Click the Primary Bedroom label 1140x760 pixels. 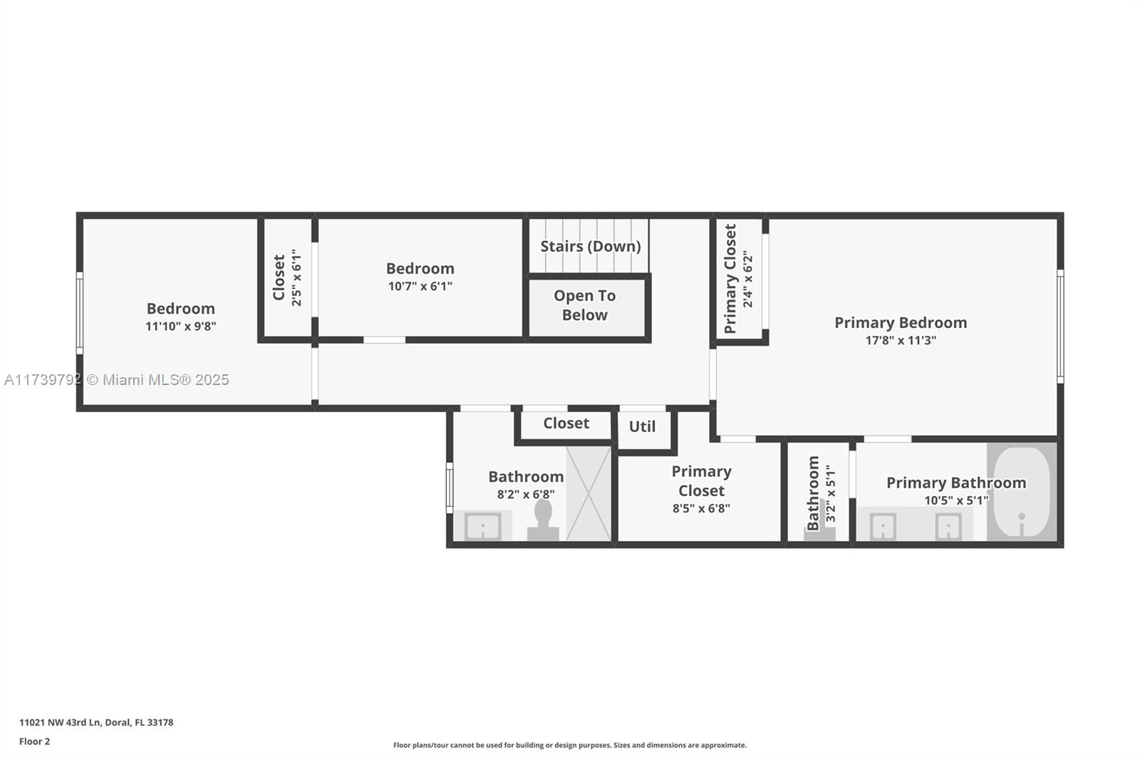click(x=901, y=323)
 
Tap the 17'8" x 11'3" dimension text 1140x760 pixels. click(x=901, y=340)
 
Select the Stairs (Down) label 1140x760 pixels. click(x=591, y=247)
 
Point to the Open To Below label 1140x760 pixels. click(x=585, y=305)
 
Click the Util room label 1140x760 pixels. click(x=642, y=427)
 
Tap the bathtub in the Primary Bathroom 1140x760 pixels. click(x=1022, y=491)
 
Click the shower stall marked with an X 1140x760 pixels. click(x=589, y=493)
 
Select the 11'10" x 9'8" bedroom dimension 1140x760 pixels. click(x=181, y=326)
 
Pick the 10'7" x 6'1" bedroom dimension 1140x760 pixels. click(x=420, y=287)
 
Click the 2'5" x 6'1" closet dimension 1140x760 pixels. click(x=296, y=277)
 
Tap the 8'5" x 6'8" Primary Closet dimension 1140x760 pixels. click(x=701, y=508)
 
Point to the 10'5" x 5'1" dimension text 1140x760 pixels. click(x=956, y=500)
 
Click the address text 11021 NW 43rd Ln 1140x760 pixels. click(x=61, y=722)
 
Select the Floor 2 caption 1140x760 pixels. click(x=35, y=741)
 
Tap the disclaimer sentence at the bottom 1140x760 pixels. click(x=570, y=745)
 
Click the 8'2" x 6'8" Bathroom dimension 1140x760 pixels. click(x=526, y=494)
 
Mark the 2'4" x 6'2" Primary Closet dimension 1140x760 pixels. click(x=747, y=279)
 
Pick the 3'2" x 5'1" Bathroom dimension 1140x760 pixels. click(x=831, y=493)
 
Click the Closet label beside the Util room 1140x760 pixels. click(x=566, y=423)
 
